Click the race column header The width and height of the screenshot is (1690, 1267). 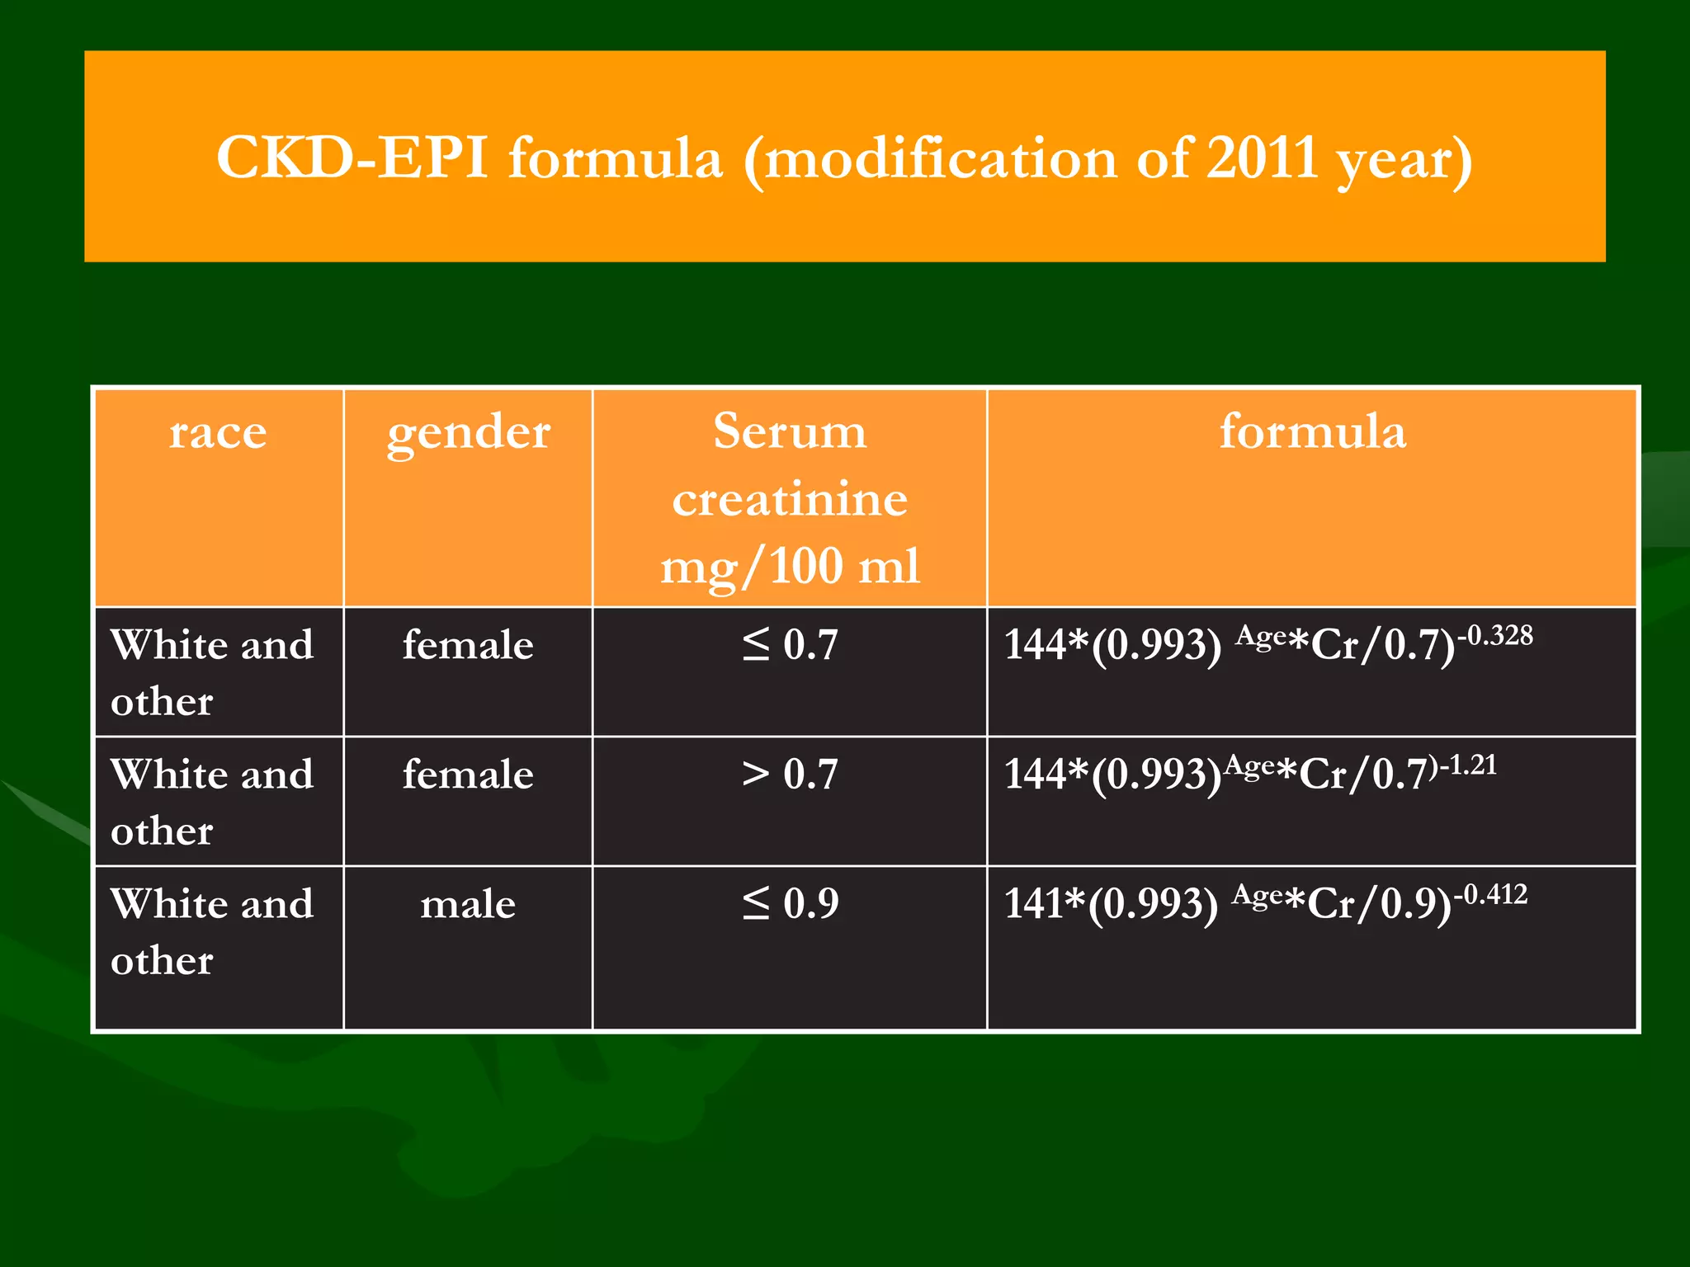click(218, 432)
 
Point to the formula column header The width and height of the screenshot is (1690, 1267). click(1312, 431)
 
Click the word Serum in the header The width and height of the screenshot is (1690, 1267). click(790, 431)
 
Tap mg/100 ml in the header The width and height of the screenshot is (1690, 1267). click(790, 568)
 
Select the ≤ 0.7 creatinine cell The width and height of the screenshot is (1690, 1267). click(790, 644)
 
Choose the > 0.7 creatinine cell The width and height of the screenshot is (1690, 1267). click(790, 774)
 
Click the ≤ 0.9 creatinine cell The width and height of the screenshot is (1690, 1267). click(790, 903)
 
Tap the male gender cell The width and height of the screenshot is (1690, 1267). click(468, 904)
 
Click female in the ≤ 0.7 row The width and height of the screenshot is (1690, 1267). click(468, 645)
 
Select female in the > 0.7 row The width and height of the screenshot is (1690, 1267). click(468, 775)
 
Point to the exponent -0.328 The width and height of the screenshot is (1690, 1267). click(1495, 635)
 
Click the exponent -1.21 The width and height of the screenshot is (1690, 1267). click(1468, 765)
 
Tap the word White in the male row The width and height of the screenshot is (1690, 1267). click(168, 904)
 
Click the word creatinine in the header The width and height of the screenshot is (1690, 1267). click(790, 500)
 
